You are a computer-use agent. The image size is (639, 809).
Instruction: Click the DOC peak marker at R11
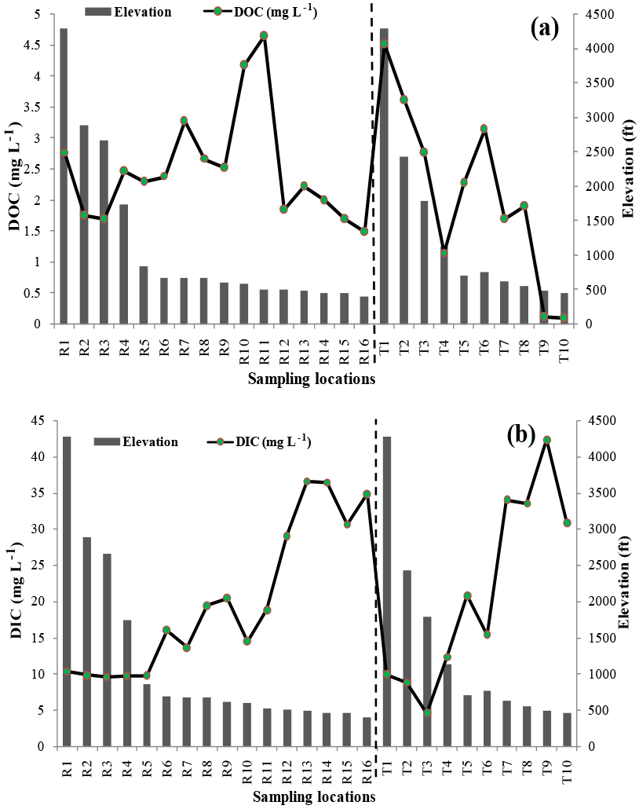264,35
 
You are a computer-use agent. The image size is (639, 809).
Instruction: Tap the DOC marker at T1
385,44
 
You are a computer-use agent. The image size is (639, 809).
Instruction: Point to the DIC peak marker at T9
547,440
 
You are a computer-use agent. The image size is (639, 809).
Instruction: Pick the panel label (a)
544,29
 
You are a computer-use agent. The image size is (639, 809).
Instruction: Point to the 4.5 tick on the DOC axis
36,46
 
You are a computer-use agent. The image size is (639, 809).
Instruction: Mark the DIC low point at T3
427,712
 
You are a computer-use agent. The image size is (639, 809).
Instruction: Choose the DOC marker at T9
543,317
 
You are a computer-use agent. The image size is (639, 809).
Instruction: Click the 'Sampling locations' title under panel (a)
310,379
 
